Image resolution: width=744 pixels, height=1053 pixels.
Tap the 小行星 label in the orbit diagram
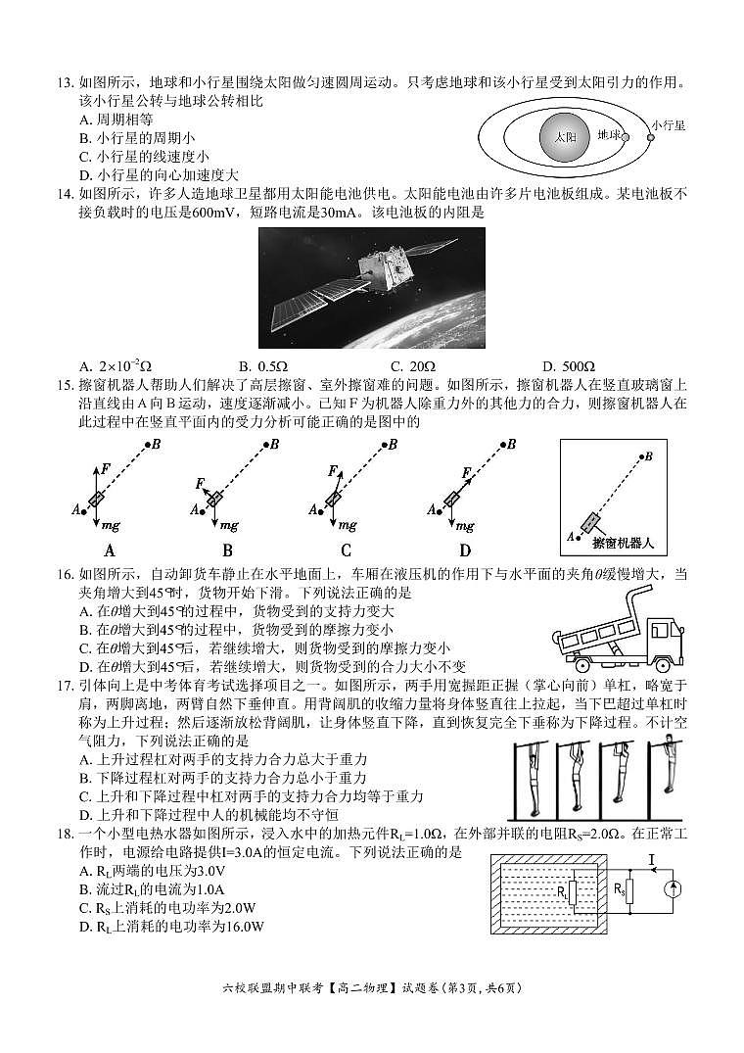tap(671, 125)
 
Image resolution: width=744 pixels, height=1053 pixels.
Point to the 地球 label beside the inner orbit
tap(610, 135)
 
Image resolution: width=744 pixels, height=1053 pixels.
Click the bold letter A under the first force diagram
tap(110, 550)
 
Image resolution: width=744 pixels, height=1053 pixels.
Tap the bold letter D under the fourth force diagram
tap(465, 550)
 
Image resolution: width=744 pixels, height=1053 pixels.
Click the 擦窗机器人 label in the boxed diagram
tap(623, 540)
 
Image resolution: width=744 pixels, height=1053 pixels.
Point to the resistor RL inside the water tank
tap(573, 893)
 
